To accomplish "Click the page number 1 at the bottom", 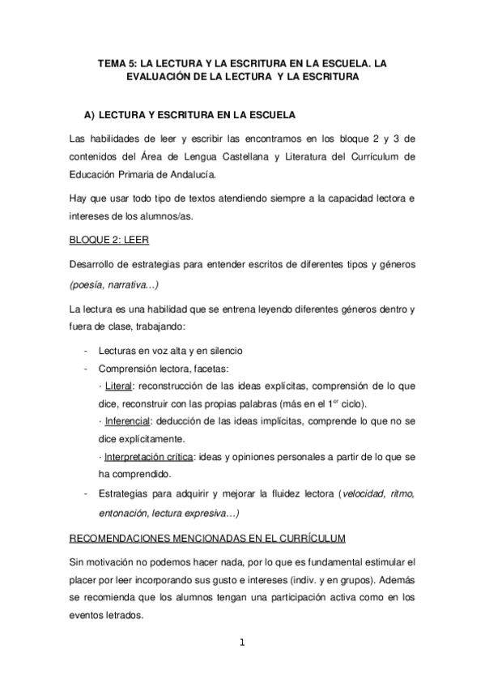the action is (242, 643).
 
